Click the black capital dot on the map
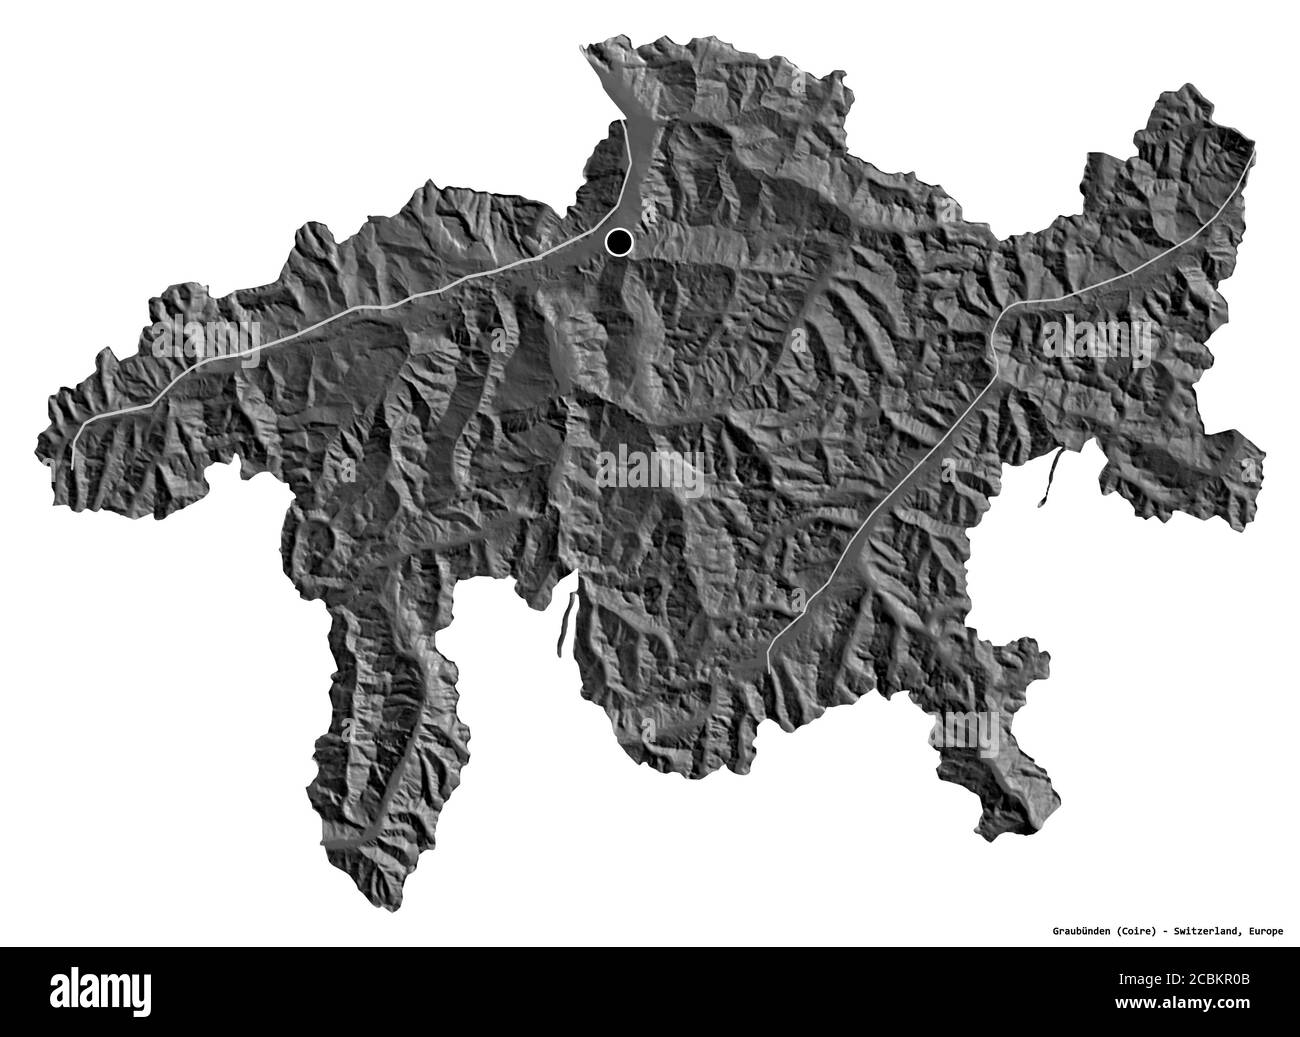coord(620,242)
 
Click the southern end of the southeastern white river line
coord(768,659)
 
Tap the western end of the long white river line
coord(73,466)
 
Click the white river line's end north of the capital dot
coord(626,124)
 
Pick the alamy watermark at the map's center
coord(650,469)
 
